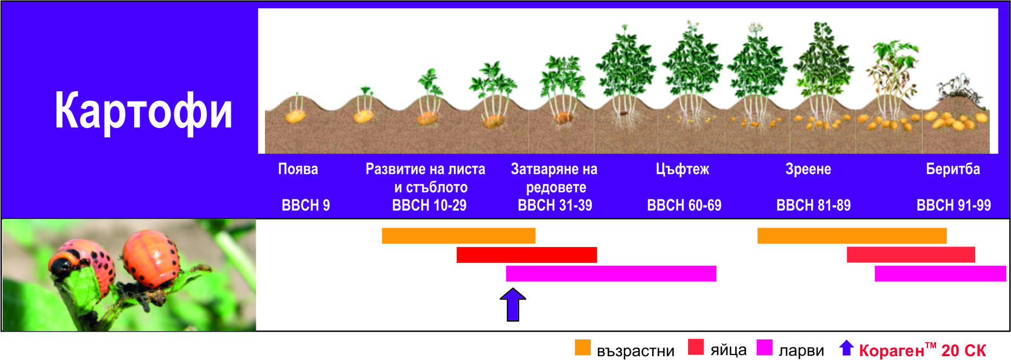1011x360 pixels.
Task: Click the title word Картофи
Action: point(143,111)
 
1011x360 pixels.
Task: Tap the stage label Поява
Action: point(298,169)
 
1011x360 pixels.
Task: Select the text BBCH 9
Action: point(306,205)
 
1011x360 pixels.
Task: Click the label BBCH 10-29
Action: point(429,205)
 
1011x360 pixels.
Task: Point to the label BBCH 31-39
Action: point(555,205)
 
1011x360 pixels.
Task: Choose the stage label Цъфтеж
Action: point(683,169)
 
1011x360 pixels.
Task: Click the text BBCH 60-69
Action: point(684,205)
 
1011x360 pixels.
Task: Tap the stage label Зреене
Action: point(808,169)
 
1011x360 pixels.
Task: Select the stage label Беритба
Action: point(953,169)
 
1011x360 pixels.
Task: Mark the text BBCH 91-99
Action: point(953,205)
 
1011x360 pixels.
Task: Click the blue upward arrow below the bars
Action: point(513,304)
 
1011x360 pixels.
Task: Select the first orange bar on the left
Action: point(459,236)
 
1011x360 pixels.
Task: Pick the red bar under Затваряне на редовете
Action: point(527,255)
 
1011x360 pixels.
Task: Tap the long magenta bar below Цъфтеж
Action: point(611,274)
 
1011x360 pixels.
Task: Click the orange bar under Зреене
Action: point(852,236)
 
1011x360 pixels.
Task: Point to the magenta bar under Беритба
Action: point(940,274)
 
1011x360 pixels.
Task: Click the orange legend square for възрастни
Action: point(583,348)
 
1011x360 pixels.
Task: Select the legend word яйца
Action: point(728,350)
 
